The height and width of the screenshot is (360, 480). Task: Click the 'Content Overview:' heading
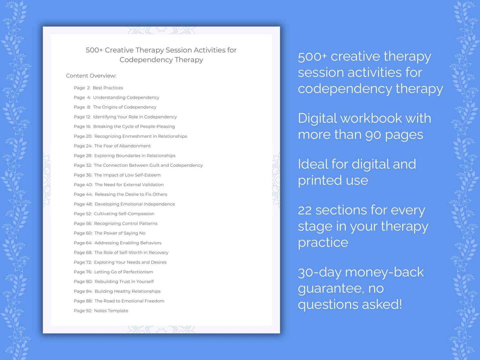(x=91, y=76)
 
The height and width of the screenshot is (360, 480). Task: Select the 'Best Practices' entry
(x=108, y=88)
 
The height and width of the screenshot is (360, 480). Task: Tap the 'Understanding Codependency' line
(x=126, y=98)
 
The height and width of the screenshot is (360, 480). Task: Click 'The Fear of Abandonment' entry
(x=122, y=146)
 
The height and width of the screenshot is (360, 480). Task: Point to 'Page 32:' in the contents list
(x=82, y=165)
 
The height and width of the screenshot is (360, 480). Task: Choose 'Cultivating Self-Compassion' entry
(x=124, y=214)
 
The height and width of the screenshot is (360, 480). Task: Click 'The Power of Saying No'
(x=120, y=233)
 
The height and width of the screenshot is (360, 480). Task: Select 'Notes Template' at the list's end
(x=111, y=311)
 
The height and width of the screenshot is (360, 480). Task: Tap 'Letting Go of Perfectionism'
(x=124, y=272)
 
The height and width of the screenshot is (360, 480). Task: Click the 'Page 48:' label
(x=83, y=204)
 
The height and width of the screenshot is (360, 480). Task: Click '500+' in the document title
(x=94, y=50)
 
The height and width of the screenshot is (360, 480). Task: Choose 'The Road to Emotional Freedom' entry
(x=129, y=301)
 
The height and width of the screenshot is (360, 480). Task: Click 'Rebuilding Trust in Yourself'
(x=124, y=282)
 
